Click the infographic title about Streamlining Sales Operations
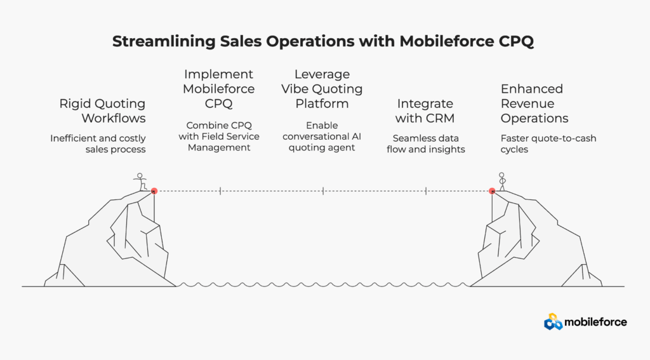click(324, 42)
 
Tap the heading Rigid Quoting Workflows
click(103, 111)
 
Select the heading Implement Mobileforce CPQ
click(219, 89)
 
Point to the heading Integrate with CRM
click(425, 111)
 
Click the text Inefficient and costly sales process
click(98, 144)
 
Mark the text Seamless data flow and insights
click(425, 144)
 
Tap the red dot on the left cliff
click(154, 190)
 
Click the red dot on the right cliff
click(492, 190)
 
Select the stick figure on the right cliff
click(501, 182)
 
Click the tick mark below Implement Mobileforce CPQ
click(220, 190)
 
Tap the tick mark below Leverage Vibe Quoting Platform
click(323, 190)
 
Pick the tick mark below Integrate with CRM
click(426, 190)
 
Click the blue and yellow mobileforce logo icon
click(553, 322)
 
